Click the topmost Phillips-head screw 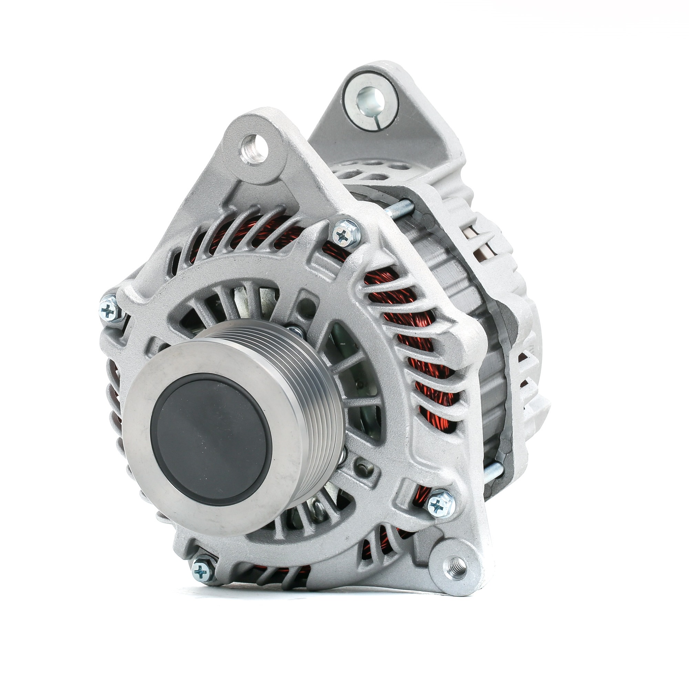[345, 234]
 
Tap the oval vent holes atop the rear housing [374, 171]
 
